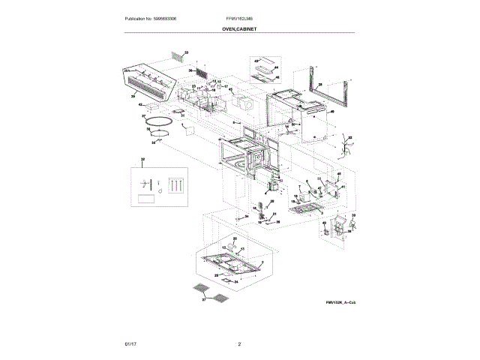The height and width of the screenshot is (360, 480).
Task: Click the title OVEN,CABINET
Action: [239, 28]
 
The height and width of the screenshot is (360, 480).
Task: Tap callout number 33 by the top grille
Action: [187, 52]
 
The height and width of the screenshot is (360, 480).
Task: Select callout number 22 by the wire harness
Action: [349, 138]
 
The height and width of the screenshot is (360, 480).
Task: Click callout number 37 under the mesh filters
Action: [202, 299]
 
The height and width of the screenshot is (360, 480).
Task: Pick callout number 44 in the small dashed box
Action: [276, 67]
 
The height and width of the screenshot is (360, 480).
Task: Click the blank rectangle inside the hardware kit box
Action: [146, 199]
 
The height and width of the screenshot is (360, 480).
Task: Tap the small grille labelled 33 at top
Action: [175, 57]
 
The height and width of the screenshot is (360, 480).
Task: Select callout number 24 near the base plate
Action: [235, 282]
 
